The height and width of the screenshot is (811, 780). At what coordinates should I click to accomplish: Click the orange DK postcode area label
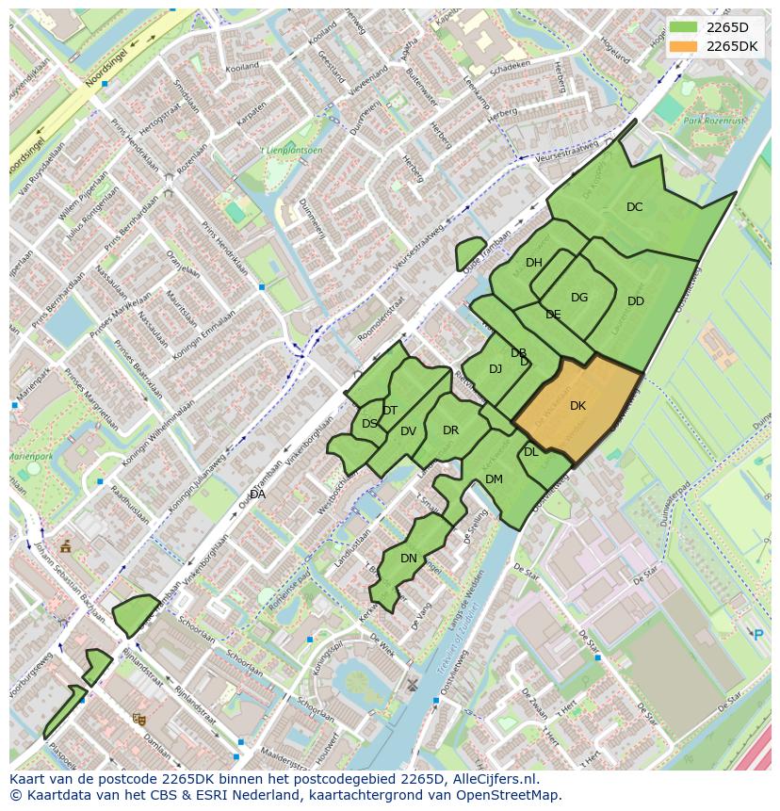point(577,406)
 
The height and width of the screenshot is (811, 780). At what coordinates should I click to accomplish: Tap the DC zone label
point(634,207)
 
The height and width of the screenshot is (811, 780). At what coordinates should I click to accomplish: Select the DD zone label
point(636,301)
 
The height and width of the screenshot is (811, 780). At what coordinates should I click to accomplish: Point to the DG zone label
point(579,298)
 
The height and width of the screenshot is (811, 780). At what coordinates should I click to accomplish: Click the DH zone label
point(534,263)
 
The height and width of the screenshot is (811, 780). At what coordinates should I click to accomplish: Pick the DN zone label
point(409,559)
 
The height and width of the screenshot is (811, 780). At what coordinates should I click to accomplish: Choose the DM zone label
point(494,479)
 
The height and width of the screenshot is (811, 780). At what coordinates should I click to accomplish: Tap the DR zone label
point(450,430)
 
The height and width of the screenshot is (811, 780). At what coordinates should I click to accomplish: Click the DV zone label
point(408,431)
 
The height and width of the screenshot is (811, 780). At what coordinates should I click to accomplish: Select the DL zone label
point(531,452)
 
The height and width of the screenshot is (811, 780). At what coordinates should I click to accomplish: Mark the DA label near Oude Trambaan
point(257,494)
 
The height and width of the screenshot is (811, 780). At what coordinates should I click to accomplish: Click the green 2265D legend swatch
point(683,27)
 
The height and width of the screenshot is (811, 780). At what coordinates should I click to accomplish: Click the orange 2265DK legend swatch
point(683,46)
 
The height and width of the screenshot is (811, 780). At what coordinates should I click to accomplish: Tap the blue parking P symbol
point(758,634)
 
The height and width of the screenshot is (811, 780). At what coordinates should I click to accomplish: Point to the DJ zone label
point(496,369)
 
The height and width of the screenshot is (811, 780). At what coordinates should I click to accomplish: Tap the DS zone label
point(369,424)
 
